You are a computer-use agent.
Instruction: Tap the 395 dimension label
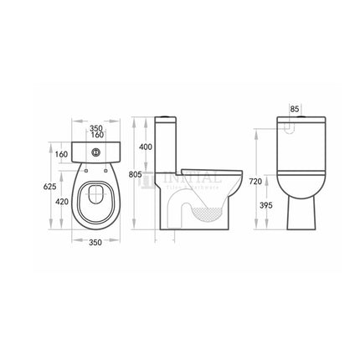(268, 205)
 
